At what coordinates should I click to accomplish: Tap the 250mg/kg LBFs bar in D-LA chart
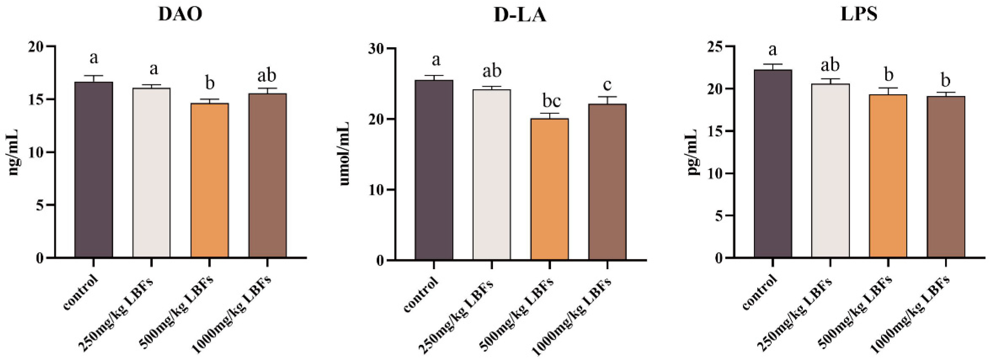(491, 175)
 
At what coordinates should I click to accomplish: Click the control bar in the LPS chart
(773, 163)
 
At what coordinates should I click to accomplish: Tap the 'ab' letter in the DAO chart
(267, 76)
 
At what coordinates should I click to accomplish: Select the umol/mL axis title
(344, 154)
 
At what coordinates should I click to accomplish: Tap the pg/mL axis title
(693, 152)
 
